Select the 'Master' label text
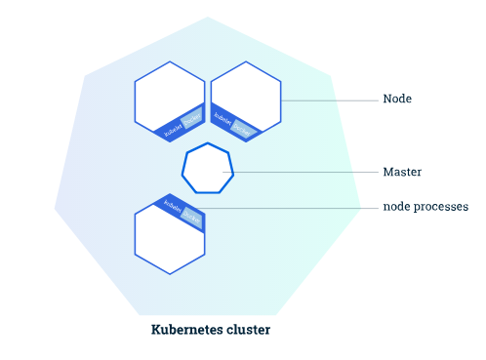coord(400,172)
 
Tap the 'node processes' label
coord(425,207)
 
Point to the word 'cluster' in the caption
coord(251,330)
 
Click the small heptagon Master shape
coord(207,170)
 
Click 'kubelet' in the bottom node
coord(173,206)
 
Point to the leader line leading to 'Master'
coord(303,173)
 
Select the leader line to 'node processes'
coord(293,207)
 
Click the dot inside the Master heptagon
coord(225,173)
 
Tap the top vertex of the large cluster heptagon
coord(207,17)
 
